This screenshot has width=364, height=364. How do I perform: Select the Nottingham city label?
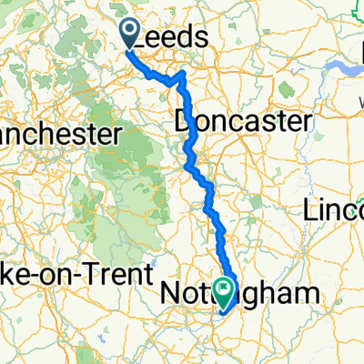[x=240, y=293]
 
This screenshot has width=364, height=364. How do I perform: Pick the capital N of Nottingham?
[x=170, y=293]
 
